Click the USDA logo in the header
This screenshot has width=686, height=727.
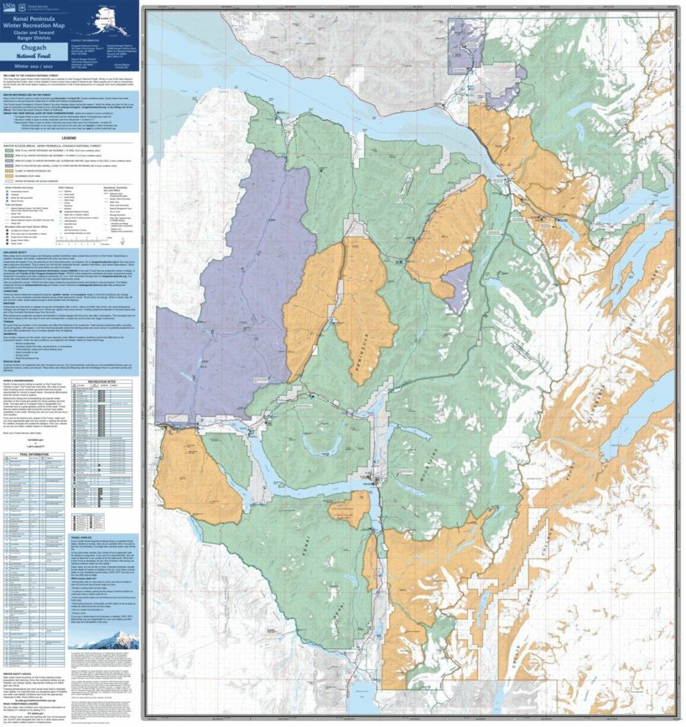pos(9,7)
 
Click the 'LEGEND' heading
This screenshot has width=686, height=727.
pos(69,137)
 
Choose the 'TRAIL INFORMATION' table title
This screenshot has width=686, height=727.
pos(33,454)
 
